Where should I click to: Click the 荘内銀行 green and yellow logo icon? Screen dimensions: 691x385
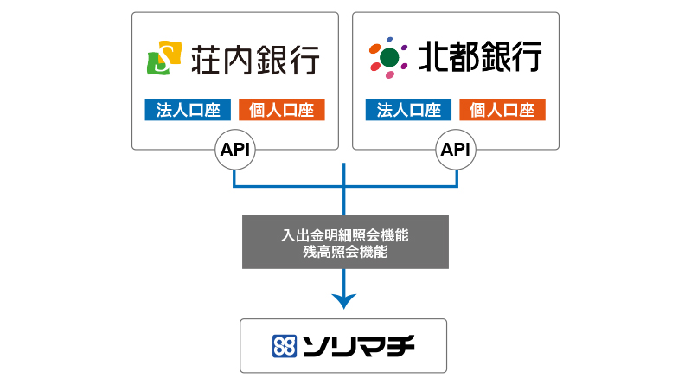tap(164, 58)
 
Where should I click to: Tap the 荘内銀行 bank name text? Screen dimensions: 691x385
tap(255, 59)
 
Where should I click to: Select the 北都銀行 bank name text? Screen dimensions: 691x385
tap(479, 56)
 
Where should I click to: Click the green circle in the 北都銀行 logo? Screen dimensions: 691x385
tap(389, 57)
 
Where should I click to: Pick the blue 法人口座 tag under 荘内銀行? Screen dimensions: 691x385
tap(188, 110)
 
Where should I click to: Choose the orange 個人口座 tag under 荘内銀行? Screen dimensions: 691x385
tap(282, 110)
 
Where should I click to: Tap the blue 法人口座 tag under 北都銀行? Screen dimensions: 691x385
tap(408, 110)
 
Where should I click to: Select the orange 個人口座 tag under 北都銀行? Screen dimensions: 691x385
tap(502, 110)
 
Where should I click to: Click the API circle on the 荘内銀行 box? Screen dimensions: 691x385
tap(235, 150)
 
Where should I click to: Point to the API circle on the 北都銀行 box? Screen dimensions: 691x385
tap(456, 150)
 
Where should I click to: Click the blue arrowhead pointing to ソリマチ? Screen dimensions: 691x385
tap(343, 301)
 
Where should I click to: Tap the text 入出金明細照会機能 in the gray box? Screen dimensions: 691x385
tap(345, 235)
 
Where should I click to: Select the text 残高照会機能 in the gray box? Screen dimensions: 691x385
tap(345, 252)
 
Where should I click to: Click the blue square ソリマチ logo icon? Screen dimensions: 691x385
tap(285, 346)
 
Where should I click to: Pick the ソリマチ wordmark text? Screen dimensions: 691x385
tap(358, 346)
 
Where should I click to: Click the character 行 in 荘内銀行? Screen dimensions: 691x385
tap(304, 59)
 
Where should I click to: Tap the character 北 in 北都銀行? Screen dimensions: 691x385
tap(432, 56)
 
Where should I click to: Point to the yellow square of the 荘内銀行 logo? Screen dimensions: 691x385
tap(170, 52)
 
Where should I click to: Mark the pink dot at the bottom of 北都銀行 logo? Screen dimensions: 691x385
tap(390, 74)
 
